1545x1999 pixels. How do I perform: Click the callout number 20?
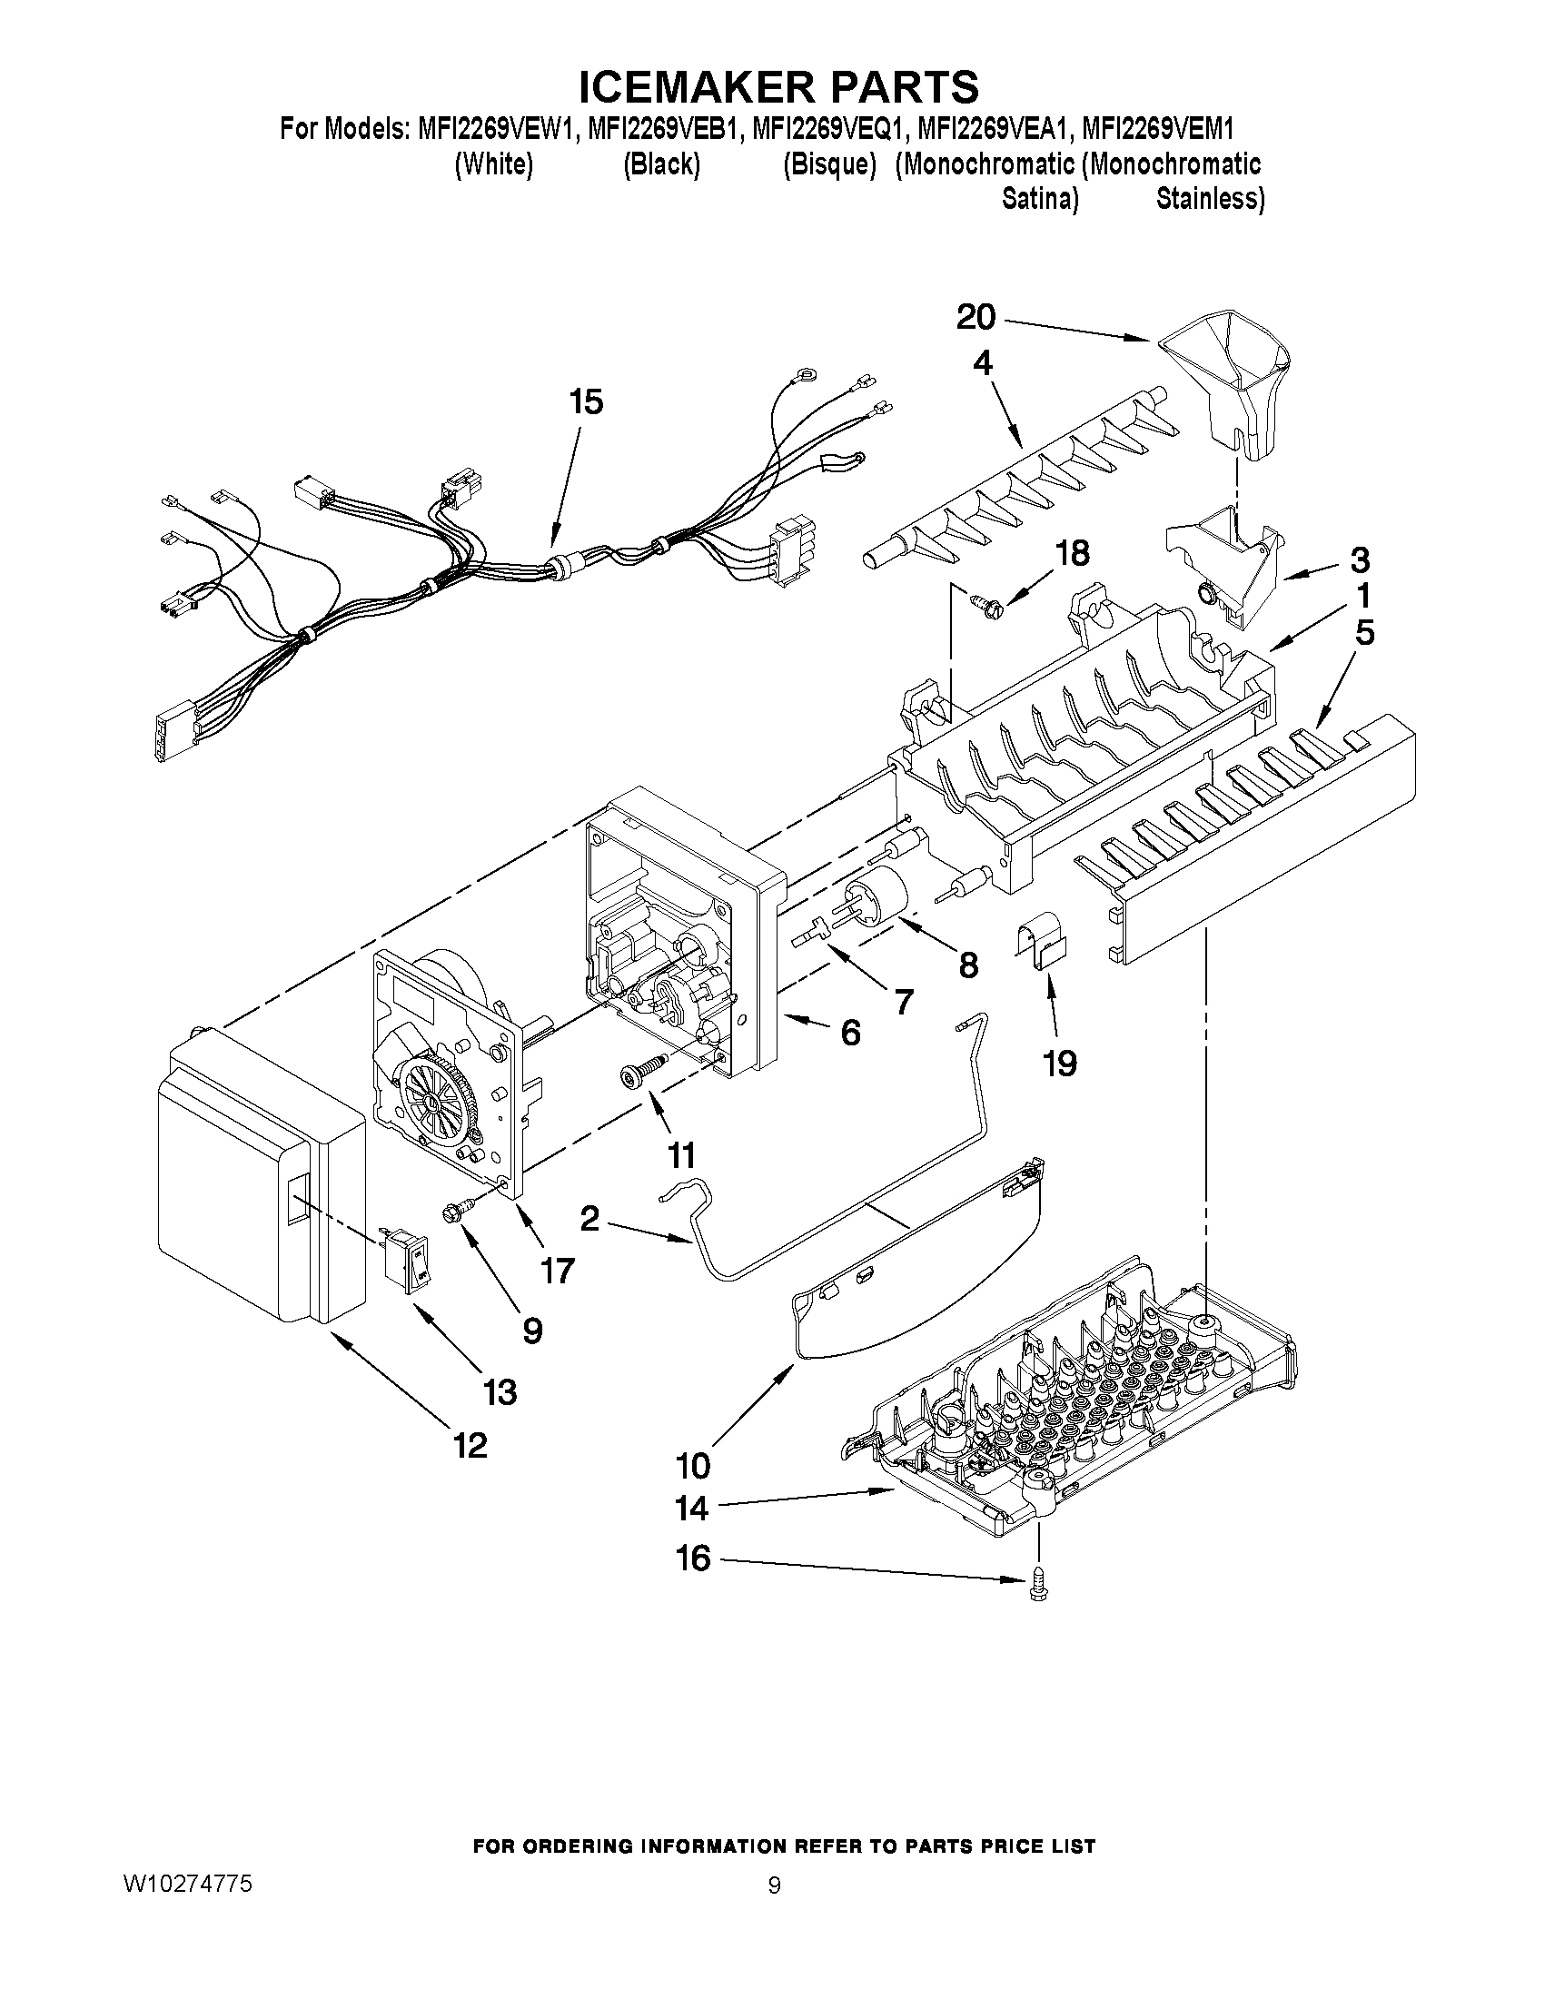tap(976, 318)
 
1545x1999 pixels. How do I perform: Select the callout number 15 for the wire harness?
tap(587, 401)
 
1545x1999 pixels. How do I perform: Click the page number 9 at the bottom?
tap(775, 1886)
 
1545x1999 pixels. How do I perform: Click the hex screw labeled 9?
tap(457, 1213)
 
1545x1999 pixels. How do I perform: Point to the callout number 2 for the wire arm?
tap(589, 1219)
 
